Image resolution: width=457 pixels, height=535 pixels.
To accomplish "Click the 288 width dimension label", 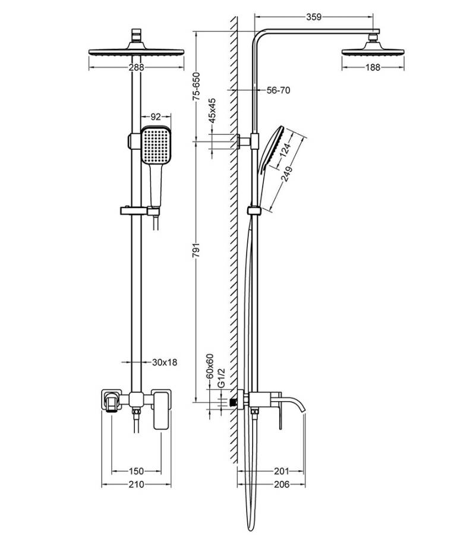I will click(136, 68).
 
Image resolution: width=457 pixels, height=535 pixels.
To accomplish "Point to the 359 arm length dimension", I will click(314, 17).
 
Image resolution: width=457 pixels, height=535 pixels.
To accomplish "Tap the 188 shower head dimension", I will click(373, 68).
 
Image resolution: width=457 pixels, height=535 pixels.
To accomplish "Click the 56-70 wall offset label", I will click(278, 90).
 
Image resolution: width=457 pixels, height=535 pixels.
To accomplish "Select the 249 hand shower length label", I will click(289, 177).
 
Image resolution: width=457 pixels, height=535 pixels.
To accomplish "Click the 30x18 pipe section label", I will click(165, 361).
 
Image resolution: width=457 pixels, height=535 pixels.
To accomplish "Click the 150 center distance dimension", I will click(135, 471).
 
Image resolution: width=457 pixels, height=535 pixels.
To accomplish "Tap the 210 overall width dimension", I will click(136, 484).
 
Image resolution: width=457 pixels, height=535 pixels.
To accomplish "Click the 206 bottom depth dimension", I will click(281, 484).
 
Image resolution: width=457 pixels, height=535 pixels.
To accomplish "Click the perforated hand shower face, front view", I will click(156, 146).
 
